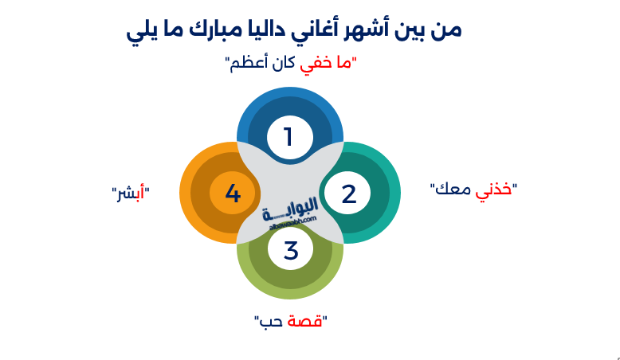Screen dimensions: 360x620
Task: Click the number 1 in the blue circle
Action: click(289, 137)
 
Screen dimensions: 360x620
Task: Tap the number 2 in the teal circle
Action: click(348, 194)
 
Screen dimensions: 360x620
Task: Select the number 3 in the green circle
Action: click(291, 251)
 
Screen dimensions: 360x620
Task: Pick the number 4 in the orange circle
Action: click(233, 194)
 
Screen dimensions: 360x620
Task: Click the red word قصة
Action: click(306, 321)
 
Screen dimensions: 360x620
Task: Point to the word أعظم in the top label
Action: click(250, 63)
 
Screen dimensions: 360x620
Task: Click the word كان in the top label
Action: click(285, 63)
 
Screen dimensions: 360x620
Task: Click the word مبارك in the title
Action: click(245, 30)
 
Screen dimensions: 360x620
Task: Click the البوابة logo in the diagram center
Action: click(290, 209)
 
